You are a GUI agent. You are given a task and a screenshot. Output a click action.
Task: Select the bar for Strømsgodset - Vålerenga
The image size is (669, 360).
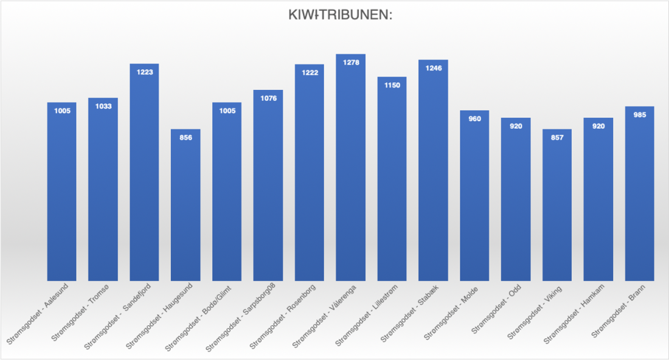(350, 170)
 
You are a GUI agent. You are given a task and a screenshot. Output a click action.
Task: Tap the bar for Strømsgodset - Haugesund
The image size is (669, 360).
(185, 207)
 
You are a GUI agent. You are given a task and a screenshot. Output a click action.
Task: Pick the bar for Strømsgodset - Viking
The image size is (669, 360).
(557, 207)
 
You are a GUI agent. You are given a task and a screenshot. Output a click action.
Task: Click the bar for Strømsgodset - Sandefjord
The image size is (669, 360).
(144, 173)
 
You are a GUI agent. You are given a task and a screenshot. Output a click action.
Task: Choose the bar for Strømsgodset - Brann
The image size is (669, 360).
(639, 195)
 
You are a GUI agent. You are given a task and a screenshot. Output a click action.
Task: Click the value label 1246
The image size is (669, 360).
(433, 67)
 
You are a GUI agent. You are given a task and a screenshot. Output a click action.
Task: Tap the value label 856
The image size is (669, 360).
(185, 137)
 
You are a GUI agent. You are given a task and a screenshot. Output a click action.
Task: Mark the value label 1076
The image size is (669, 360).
(268, 98)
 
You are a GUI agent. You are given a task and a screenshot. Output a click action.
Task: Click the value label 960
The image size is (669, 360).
(474, 119)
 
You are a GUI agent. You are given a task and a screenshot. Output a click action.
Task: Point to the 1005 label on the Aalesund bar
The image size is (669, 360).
(61, 111)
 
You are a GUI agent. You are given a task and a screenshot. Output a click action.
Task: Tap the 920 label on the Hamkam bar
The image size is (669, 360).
(598, 126)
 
